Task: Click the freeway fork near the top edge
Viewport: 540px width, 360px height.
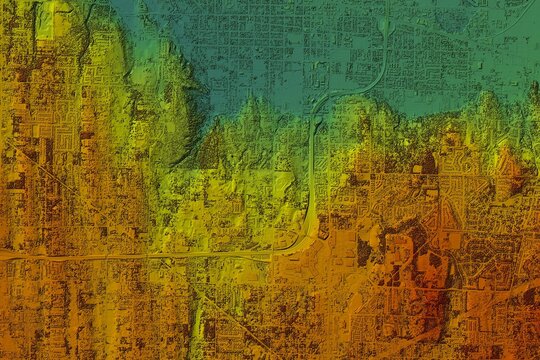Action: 383,22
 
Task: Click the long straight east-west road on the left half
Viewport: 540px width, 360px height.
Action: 130,256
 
